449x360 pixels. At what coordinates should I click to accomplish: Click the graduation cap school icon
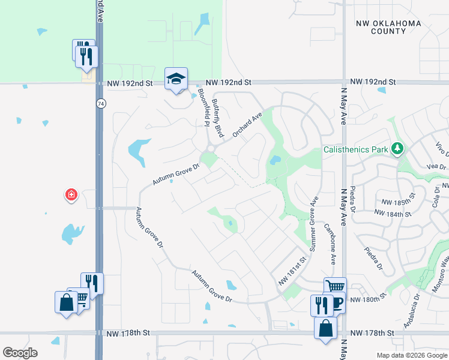coord(176,79)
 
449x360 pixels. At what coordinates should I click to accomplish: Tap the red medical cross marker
coord(71,195)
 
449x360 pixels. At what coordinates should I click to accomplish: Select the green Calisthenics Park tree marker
coord(396,148)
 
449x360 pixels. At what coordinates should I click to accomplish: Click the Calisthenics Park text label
coord(357,149)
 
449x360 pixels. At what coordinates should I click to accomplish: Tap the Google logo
coord(20,353)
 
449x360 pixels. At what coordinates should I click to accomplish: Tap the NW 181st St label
coord(292,272)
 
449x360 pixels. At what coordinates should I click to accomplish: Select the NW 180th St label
coord(366,299)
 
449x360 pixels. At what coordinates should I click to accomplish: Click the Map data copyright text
coord(411,355)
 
